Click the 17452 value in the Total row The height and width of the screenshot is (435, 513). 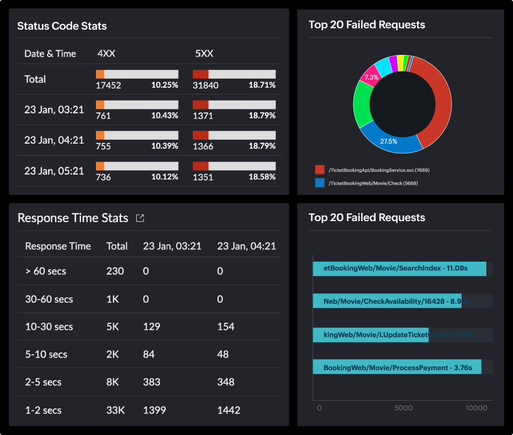[108, 85]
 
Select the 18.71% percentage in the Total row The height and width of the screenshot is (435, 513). [262, 85]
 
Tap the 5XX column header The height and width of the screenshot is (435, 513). [204, 54]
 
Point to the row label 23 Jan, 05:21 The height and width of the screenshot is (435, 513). [54, 171]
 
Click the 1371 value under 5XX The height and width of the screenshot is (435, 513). [203, 116]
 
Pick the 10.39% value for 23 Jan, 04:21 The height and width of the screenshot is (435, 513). [164, 146]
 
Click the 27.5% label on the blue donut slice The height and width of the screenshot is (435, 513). [388, 141]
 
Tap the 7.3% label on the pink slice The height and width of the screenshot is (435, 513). [371, 77]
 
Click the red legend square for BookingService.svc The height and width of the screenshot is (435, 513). [320, 170]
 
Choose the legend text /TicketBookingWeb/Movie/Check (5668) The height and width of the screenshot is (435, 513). [373, 183]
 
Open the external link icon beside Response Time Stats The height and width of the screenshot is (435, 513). [140, 218]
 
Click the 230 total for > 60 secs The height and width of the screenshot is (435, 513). [115, 271]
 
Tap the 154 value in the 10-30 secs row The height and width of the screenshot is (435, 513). [226, 327]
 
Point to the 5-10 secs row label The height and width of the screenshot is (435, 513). [46, 354]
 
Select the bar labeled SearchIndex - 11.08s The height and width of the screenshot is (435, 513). [399, 268]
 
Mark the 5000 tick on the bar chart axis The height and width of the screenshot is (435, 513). [403, 408]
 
